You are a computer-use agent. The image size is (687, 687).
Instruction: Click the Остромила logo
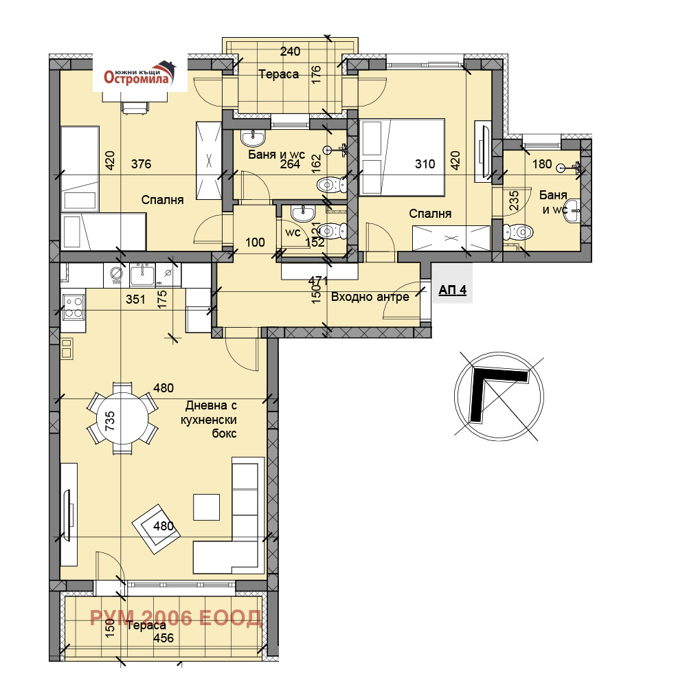pos(139,74)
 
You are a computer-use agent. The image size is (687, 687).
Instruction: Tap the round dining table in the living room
pos(122,418)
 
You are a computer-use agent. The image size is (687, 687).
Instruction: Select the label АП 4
pos(453,290)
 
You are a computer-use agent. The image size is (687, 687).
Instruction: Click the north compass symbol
pos(499,396)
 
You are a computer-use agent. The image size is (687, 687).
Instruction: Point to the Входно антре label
pos(370,297)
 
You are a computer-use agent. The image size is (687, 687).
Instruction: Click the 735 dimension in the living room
pos(109,420)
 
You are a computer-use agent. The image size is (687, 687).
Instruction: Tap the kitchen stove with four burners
pos(74,306)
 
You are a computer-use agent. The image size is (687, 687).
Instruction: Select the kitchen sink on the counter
pos(142,275)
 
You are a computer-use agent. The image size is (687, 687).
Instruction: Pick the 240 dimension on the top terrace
pos(290,52)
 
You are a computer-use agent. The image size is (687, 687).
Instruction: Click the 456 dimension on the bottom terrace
pos(164,638)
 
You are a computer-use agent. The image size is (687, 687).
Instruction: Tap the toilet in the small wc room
pos(332,231)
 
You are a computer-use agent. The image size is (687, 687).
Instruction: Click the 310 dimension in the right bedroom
pos(425,164)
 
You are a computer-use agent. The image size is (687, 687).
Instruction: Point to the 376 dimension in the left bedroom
pos(141,164)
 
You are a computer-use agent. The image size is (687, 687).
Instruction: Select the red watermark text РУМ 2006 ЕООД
pos(176,618)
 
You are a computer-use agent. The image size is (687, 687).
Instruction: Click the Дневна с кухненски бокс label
pos(210,419)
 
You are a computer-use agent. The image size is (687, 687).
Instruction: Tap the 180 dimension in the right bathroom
pos(542,164)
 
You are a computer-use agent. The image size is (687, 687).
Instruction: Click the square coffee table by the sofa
pos(206,507)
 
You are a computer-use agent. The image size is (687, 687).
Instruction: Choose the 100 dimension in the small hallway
pos(255,243)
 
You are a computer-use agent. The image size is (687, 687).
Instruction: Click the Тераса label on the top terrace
pos(279,74)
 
